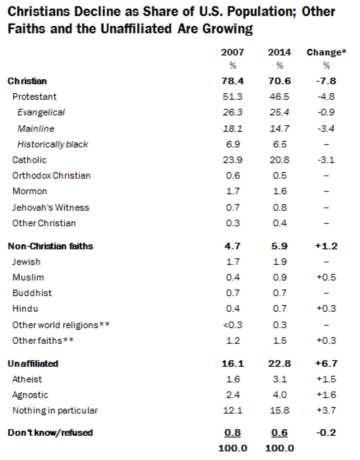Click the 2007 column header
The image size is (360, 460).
(233, 52)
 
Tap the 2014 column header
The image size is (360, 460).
(279, 52)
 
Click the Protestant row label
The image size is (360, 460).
(35, 97)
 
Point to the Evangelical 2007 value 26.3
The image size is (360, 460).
(233, 113)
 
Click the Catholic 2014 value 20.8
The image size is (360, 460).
(279, 160)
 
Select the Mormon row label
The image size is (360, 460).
(30, 191)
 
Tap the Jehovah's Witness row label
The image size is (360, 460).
(51, 207)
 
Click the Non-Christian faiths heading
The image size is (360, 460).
(51, 246)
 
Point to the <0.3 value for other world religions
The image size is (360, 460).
(233, 325)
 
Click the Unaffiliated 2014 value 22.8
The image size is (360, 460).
(279, 363)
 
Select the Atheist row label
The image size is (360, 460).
(27, 379)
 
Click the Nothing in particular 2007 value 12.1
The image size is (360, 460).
(233, 411)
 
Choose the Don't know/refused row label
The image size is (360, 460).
(50, 432)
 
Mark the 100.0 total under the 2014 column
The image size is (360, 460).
(279, 448)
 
